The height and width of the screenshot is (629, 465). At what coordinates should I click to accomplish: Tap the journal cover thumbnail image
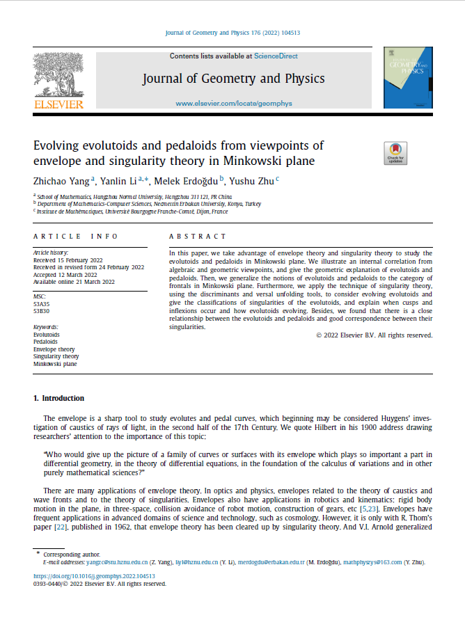(x=408, y=77)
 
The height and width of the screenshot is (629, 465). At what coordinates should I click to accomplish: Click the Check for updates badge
(x=395, y=153)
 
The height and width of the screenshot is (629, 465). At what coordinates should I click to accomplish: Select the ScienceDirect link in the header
(x=276, y=55)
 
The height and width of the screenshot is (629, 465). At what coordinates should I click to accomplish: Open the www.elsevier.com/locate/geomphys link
(x=233, y=103)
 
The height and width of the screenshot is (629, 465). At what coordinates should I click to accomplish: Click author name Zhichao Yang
(x=62, y=181)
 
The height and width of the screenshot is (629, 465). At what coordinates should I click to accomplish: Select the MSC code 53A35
(x=42, y=303)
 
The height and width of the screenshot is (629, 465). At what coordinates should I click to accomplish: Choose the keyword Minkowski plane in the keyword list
(x=56, y=363)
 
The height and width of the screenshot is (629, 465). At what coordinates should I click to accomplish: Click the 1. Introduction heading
(x=59, y=398)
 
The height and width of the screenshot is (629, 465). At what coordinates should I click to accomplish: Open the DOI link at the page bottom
(x=95, y=576)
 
